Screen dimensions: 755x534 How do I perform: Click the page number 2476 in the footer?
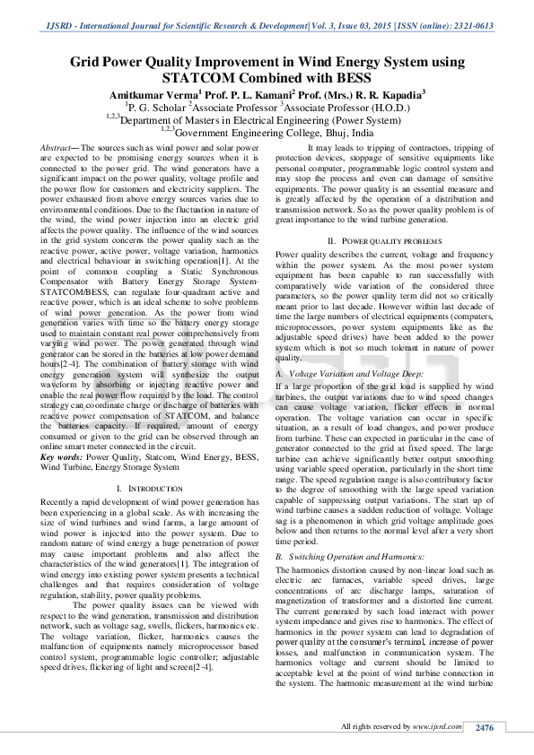coord(485,726)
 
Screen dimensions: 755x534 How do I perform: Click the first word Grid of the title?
coord(91,62)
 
